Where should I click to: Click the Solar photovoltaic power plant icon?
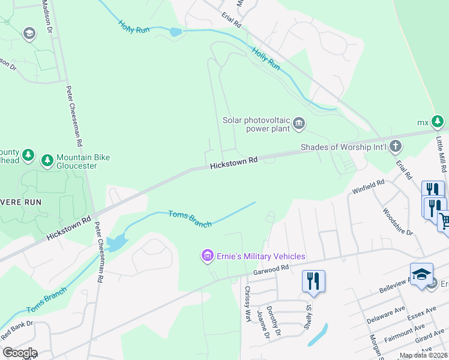point(299,124)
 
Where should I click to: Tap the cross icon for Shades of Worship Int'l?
point(395,146)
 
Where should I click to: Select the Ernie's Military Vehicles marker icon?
point(208,256)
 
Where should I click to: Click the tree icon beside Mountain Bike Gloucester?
point(47,160)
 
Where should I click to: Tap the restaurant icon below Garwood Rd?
point(313,281)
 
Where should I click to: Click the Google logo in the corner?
point(19,352)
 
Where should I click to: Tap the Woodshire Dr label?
point(397,221)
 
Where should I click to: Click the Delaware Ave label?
point(386,314)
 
